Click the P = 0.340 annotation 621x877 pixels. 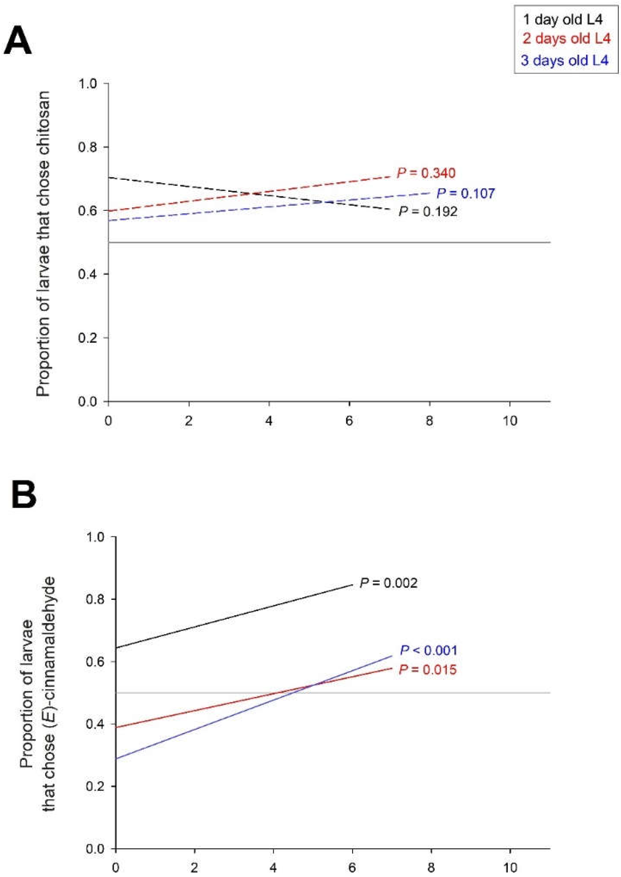[x=426, y=173]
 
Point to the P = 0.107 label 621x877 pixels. [x=465, y=193]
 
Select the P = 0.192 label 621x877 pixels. [x=427, y=212]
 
